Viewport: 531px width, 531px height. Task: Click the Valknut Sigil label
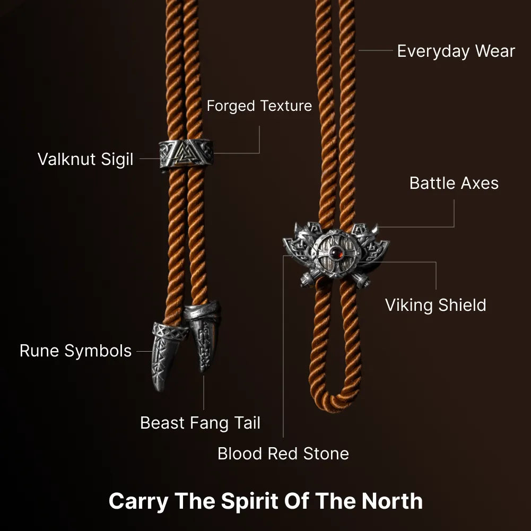pyautogui.click(x=85, y=159)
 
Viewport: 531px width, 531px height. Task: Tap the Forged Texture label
pyautogui.click(x=259, y=106)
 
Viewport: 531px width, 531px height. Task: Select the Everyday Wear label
pyautogui.click(x=456, y=51)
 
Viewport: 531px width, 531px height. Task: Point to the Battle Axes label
pyautogui.click(x=454, y=183)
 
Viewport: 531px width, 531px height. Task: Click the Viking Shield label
pyautogui.click(x=436, y=305)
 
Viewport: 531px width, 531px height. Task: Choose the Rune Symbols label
pyautogui.click(x=75, y=351)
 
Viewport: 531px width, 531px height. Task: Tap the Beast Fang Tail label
pyautogui.click(x=200, y=423)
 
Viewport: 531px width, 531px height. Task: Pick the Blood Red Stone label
pyautogui.click(x=283, y=454)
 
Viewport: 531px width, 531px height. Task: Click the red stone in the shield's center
pyautogui.click(x=336, y=253)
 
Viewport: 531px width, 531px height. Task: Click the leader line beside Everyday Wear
pyautogui.click(x=376, y=50)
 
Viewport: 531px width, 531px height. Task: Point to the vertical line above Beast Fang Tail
pyautogui.click(x=204, y=393)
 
